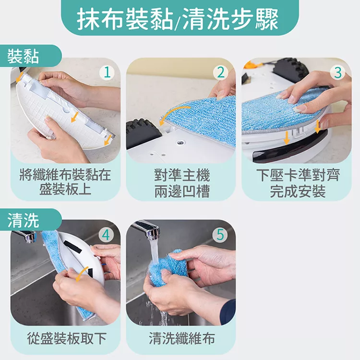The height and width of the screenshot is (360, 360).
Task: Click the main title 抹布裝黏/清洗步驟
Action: pyautogui.click(x=178, y=19)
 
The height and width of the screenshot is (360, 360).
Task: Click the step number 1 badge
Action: pyautogui.click(x=107, y=72)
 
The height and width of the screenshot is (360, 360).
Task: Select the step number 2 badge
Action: pyautogui.click(x=221, y=72)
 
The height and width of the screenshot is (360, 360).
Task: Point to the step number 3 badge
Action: pyautogui.click(x=338, y=72)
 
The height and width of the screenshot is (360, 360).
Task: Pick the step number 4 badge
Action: pyautogui.click(x=106, y=235)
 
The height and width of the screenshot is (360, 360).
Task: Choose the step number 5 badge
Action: pyautogui.click(x=220, y=235)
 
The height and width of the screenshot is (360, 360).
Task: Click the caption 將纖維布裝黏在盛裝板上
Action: pyautogui.click(x=65, y=182)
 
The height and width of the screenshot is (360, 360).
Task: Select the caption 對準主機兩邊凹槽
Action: pyautogui.click(x=182, y=183)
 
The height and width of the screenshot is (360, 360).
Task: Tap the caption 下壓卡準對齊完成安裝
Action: pyautogui.click(x=298, y=183)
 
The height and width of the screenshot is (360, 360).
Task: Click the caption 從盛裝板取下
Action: pyautogui.click(x=67, y=338)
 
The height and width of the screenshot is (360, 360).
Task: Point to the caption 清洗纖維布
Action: pyautogui.click(x=182, y=338)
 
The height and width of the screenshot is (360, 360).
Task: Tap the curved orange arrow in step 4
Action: pyautogui.click(x=82, y=274)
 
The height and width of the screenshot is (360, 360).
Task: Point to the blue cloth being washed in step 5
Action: pyautogui.click(x=167, y=268)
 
